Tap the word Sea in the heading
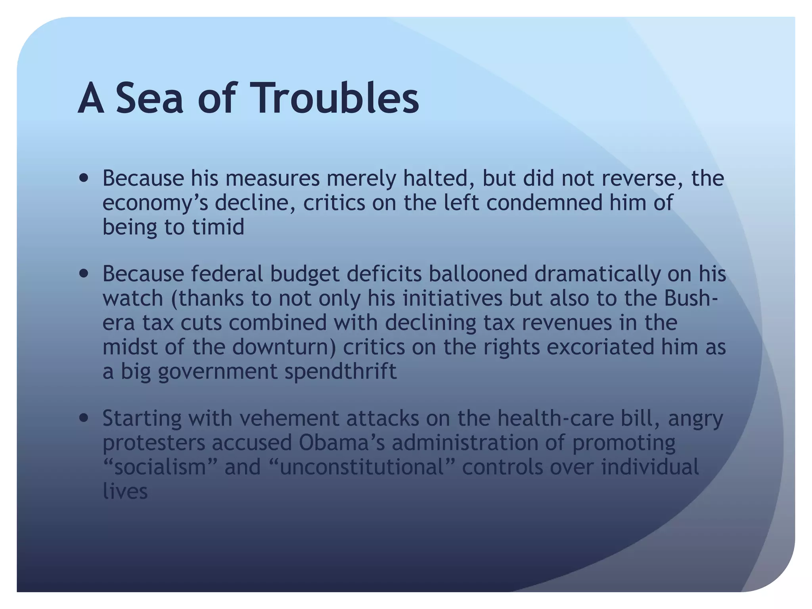click(x=149, y=98)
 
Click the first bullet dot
click(x=84, y=178)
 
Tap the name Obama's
click(x=342, y=442)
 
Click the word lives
click(x=125, y=492)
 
